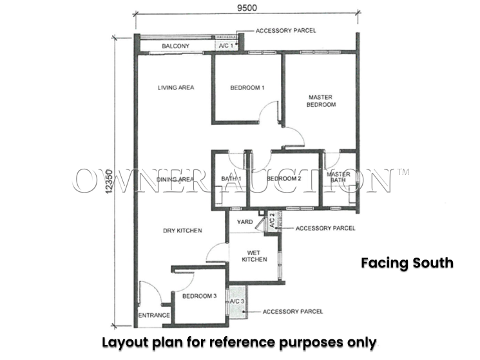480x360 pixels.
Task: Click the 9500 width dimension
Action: point(247,8)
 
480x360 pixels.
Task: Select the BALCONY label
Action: point(175,46)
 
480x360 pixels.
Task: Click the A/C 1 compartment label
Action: point(226,46)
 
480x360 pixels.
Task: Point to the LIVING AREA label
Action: point(176,88)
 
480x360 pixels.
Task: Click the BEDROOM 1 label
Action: point(247,88)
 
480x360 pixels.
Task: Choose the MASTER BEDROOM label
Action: point(321,101)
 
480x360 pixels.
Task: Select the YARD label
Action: point(245,222)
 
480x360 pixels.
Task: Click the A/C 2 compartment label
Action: point(272,220)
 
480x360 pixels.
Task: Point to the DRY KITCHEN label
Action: point(182,231)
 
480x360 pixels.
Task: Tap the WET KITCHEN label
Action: point(254,256)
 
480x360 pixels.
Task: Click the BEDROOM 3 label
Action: point(199,296)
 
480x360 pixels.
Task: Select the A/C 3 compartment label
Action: point(237,301)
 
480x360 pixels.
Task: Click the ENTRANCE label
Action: point(154,315)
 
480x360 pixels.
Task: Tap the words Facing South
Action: point(407,263)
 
